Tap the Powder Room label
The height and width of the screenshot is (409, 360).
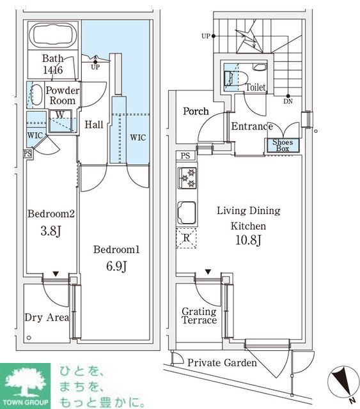62,95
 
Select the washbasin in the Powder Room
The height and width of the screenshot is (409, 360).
36,95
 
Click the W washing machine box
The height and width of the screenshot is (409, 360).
59,116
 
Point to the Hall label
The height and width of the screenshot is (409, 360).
94,125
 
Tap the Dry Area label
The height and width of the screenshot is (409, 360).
46,318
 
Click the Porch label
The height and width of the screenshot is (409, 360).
196,111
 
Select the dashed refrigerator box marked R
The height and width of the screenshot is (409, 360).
186,238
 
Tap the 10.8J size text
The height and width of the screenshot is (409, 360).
249,241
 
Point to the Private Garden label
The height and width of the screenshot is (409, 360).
222,363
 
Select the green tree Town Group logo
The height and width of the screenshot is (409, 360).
26,385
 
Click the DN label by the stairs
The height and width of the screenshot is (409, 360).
288,100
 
